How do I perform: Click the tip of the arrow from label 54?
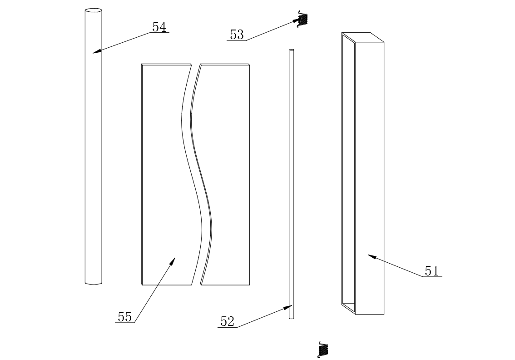pyautogui.click(x=93, y=53)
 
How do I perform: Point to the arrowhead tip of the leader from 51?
pyautogui.click(x=367, y=255)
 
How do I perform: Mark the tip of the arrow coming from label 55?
pyautogui.click(x=175, y=258)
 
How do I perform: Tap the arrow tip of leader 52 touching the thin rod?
pyautogui.click(x=292, y=306)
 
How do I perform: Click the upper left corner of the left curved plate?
pyautogui.click(x=142, y=64)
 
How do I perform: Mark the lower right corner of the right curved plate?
pyautogui.click(x=249, y=285)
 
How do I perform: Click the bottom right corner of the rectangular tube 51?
pyautogui.click(x=384, y=314)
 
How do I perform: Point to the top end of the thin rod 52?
pyautogui.click(x=291, y=50)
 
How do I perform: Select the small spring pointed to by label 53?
pyautogui.click(x=302, y=20)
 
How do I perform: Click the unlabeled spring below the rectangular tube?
pyautogui.click(x=323, y=350)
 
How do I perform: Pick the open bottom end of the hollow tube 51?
pyautogui.click(x=349, y=308)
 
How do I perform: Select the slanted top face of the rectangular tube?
pyautogui.click(x=362, y=37)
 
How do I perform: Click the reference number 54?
pyautogui.click(x=159, y=27)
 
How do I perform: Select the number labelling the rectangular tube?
pyautogui.click(x=431, y=271)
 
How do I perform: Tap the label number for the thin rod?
pyautogui.click(x=227, y=321)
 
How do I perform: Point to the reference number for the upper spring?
pyautogui.click(x=237, y=35)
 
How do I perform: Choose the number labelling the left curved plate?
pyautogui.click(x=125, y=317)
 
